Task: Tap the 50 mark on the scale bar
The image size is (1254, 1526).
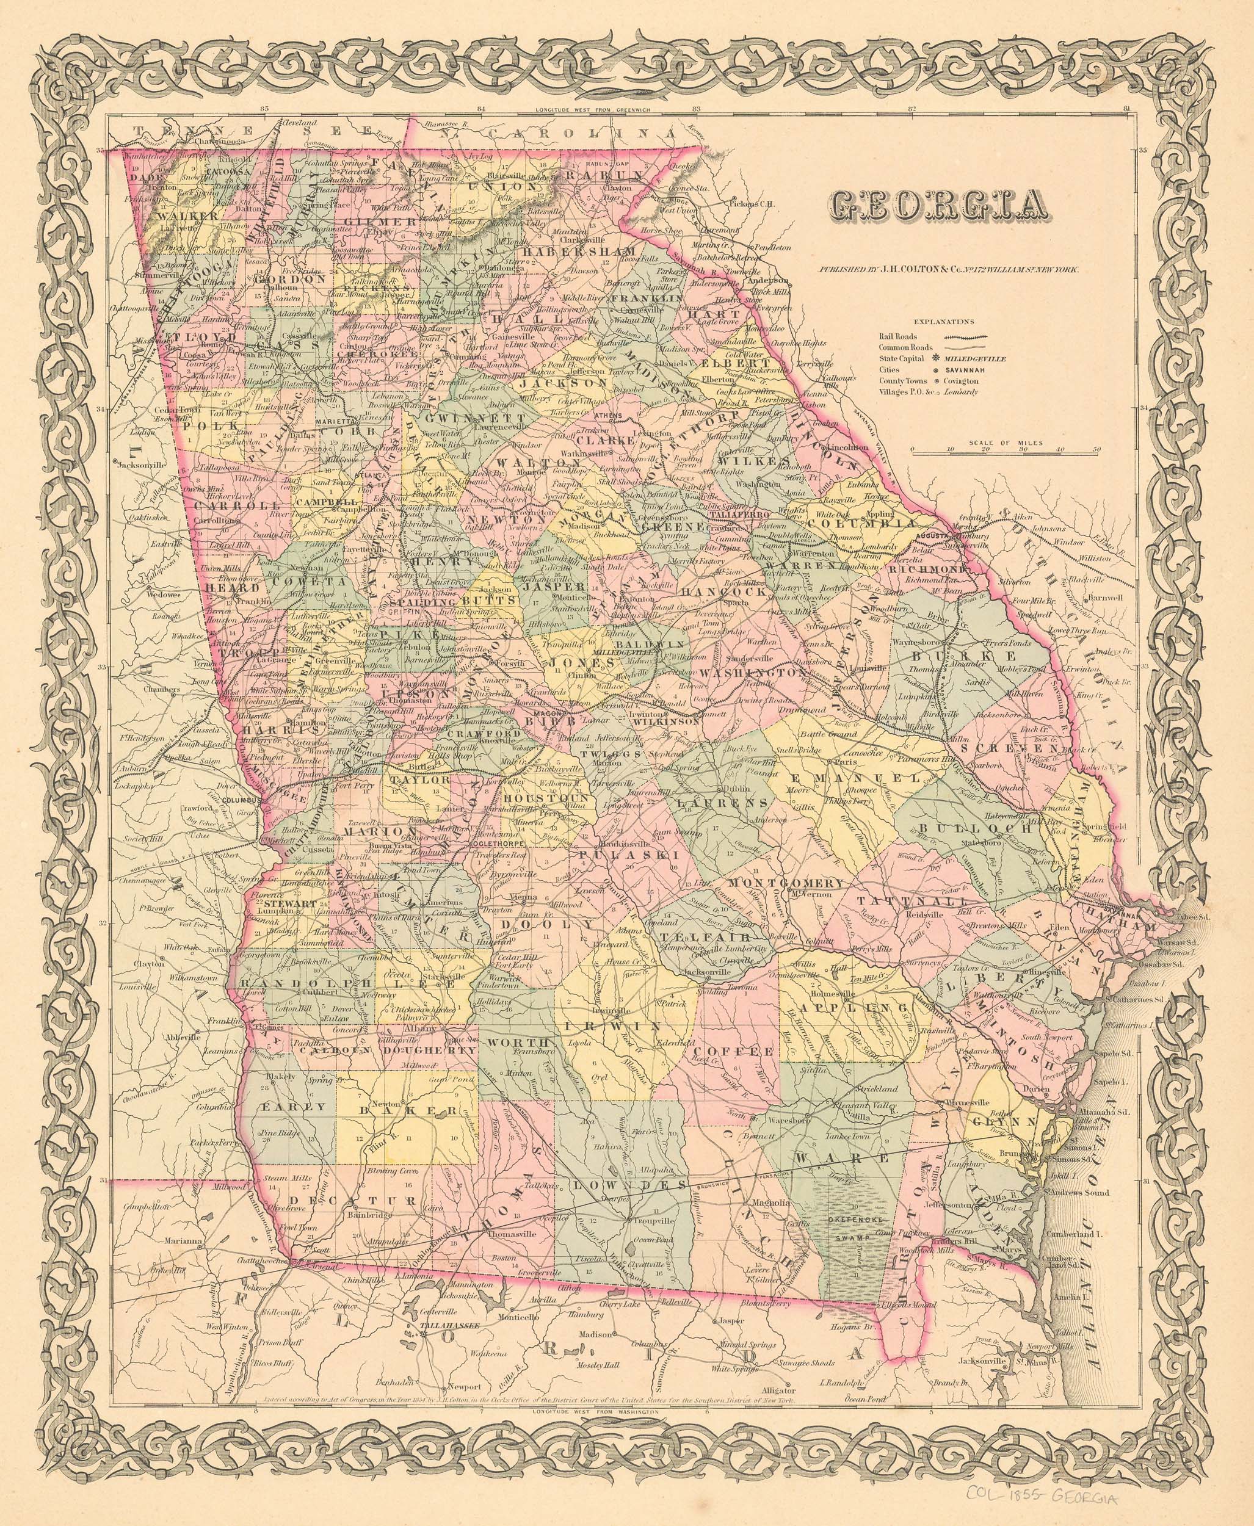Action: (1096, 449)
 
